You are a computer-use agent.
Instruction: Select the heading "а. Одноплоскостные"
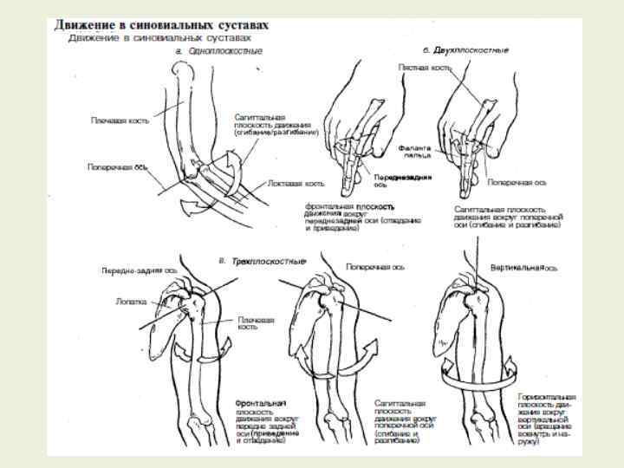pos(218,51)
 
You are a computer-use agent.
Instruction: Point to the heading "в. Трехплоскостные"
pos(257,260)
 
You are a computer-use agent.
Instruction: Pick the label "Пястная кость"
pos(422,67)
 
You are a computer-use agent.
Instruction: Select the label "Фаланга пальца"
pos(415,152)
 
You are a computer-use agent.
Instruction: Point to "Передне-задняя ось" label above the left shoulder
pos(134,270)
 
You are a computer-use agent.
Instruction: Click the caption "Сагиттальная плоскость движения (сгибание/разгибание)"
pos(276,124)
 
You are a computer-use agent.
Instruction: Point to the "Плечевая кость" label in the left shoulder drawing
pos(257,323)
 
